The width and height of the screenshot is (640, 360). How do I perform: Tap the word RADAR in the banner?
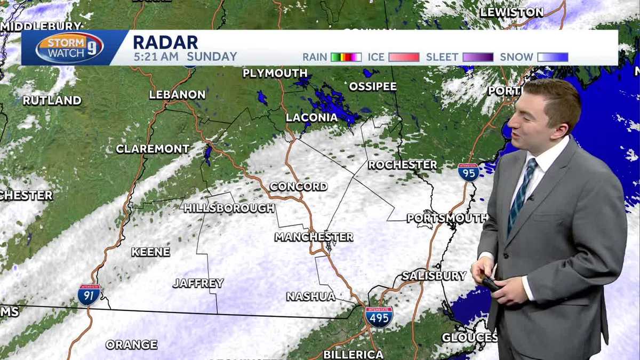pos(165,42)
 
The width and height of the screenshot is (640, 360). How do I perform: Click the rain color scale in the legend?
pos(346,57)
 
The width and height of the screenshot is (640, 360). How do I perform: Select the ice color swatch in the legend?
pos(404,57)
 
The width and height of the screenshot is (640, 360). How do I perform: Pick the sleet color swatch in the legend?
pos(478,57)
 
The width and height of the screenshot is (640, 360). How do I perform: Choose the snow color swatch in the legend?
pos(553,57)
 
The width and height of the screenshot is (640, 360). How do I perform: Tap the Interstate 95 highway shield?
pos(468,172)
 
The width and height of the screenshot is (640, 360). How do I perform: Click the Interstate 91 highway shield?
pos(89,294)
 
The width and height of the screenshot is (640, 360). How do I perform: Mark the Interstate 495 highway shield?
pos(379,316)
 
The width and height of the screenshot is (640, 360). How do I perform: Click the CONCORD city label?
pos(299,187)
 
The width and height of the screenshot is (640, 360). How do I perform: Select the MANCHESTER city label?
pos(314,237)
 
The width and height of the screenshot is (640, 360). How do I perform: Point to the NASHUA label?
pos(311,297)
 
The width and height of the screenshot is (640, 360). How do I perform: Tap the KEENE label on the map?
pos(151,252)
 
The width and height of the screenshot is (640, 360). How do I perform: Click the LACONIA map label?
pos(312,117)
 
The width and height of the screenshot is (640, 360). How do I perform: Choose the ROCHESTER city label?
pos(402,165)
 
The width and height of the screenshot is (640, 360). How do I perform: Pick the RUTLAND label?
pos(52,100)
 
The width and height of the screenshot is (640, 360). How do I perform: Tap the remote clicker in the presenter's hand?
pos(490,283)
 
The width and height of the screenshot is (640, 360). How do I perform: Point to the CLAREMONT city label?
pos(153,149)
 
